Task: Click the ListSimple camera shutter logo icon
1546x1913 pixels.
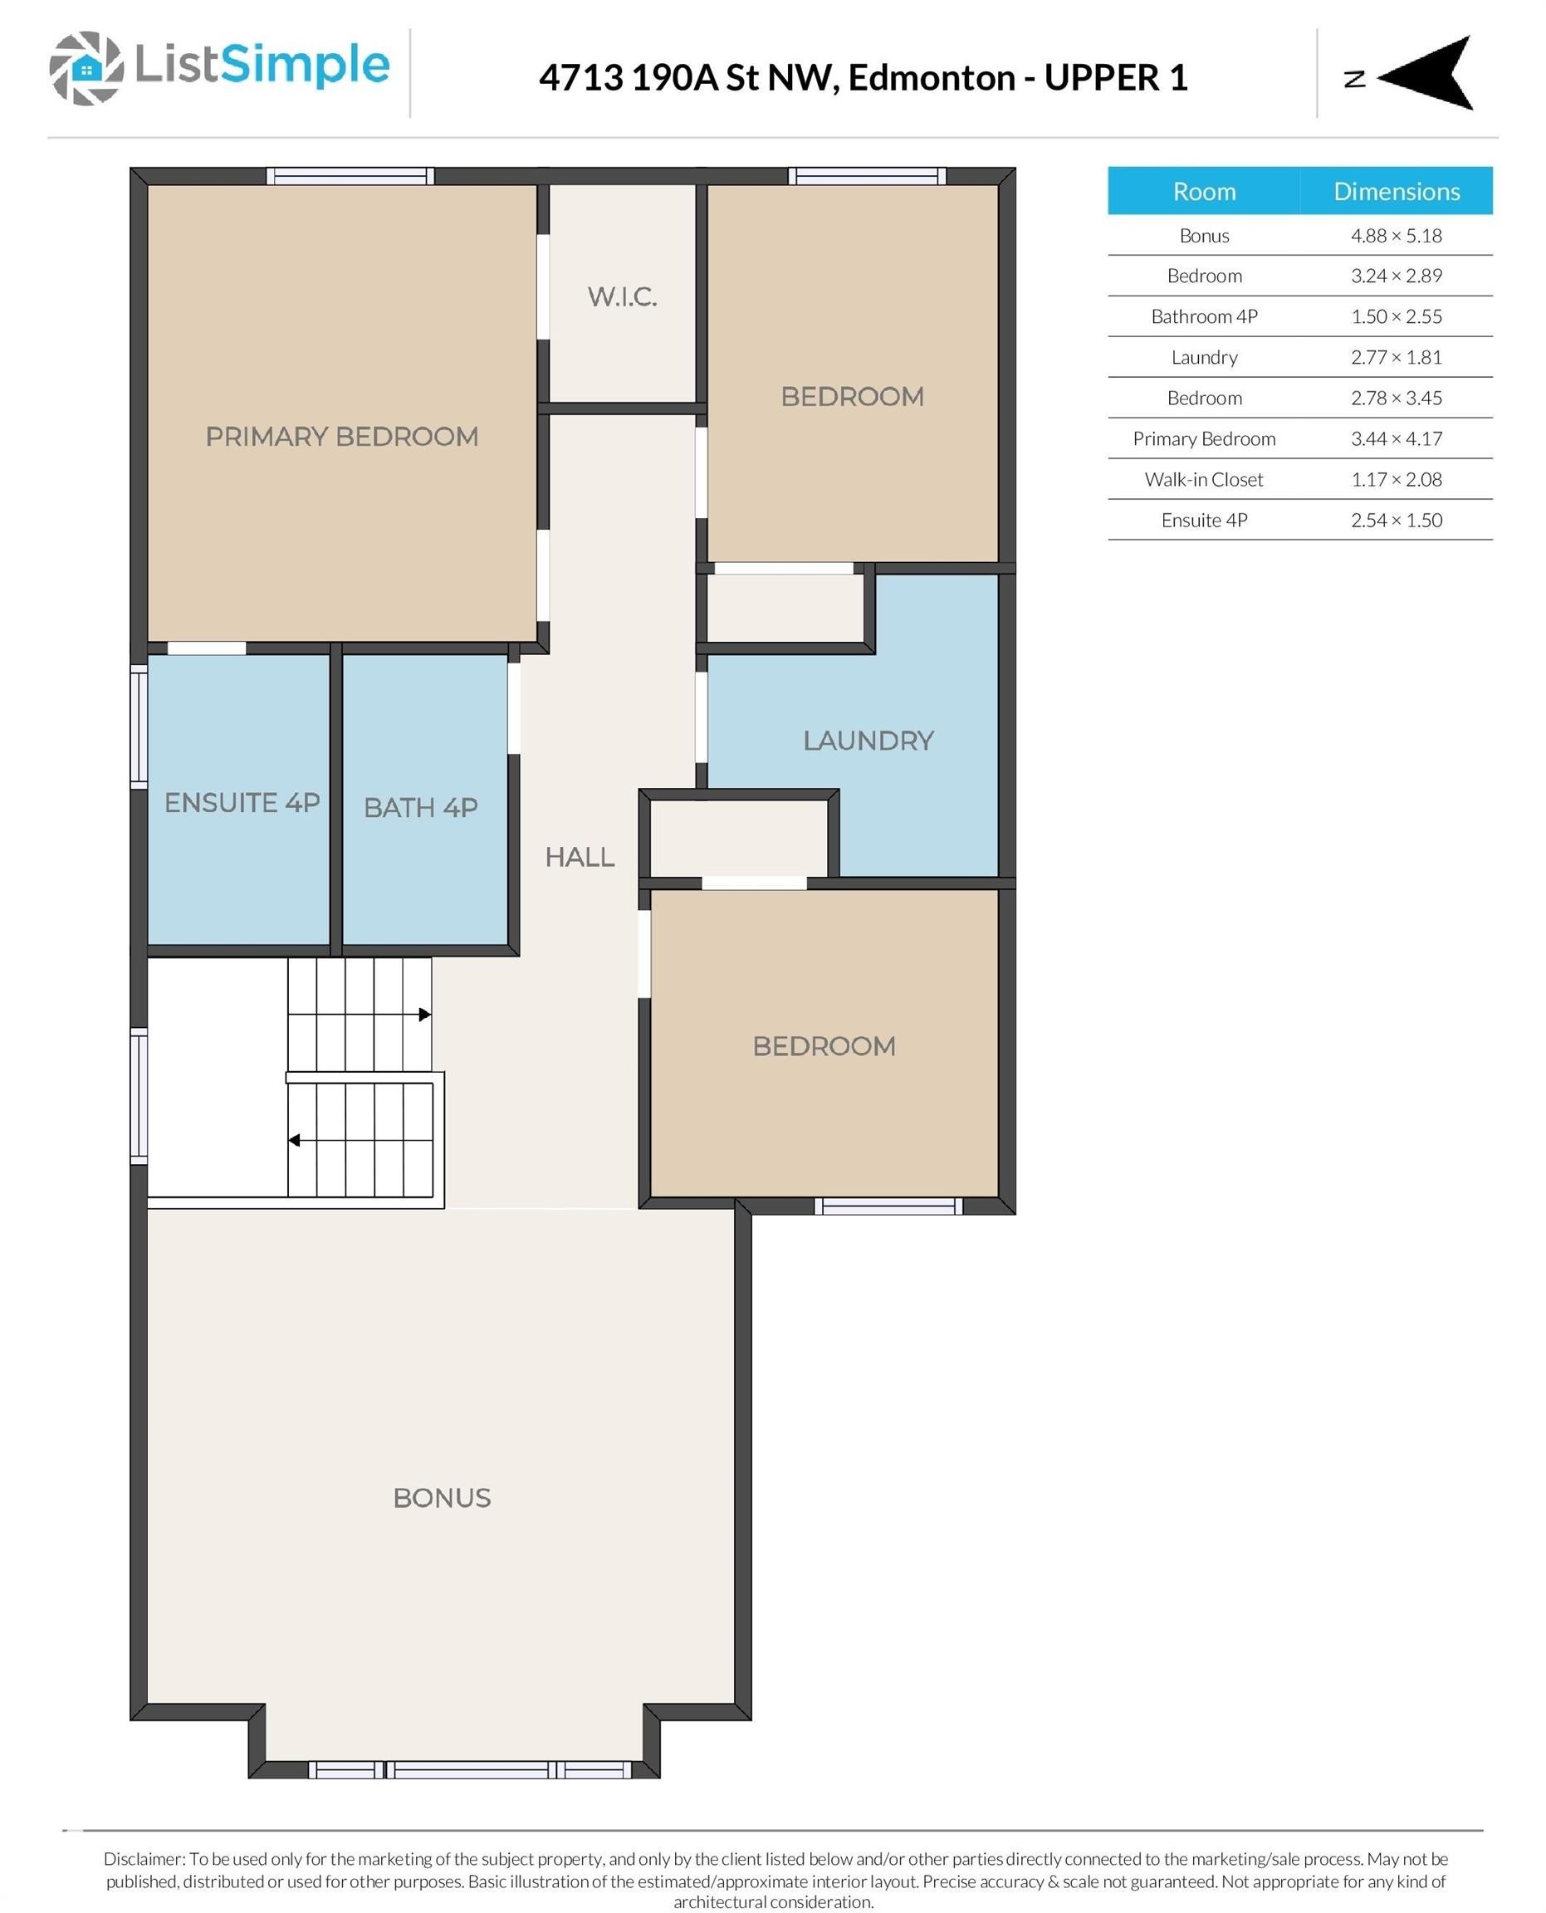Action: (x=86, y=69)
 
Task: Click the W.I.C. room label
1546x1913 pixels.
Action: (x=623, y=296)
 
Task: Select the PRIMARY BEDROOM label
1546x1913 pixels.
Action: (x=342, y=437)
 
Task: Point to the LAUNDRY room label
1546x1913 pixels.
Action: (x=868, y=740)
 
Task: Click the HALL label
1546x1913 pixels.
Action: (x=580, y=857)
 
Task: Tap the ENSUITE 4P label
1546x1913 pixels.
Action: (x=242, y=802)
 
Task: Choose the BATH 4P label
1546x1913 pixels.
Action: (x=421, y=807)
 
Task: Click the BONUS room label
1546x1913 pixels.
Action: (x=443, y=1498)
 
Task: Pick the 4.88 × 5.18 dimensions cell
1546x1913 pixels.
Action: (x=1397, y=236)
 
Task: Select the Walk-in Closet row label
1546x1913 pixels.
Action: (x=1204, y=479)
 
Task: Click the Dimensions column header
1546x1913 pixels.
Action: (x=1397, y=192)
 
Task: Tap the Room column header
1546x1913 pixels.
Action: (x=1204, y=192)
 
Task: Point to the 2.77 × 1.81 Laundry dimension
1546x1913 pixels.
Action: (x=1397, y=357)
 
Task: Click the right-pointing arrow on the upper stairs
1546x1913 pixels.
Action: (x=426, y=1015)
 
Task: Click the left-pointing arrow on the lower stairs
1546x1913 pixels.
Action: (x=294, y=1141)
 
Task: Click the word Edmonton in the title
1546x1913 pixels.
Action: (x=932, y=77)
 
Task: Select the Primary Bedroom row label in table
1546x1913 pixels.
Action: (x=1204, y=439)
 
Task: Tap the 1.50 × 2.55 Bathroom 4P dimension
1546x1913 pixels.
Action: (x=1397, y=316)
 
